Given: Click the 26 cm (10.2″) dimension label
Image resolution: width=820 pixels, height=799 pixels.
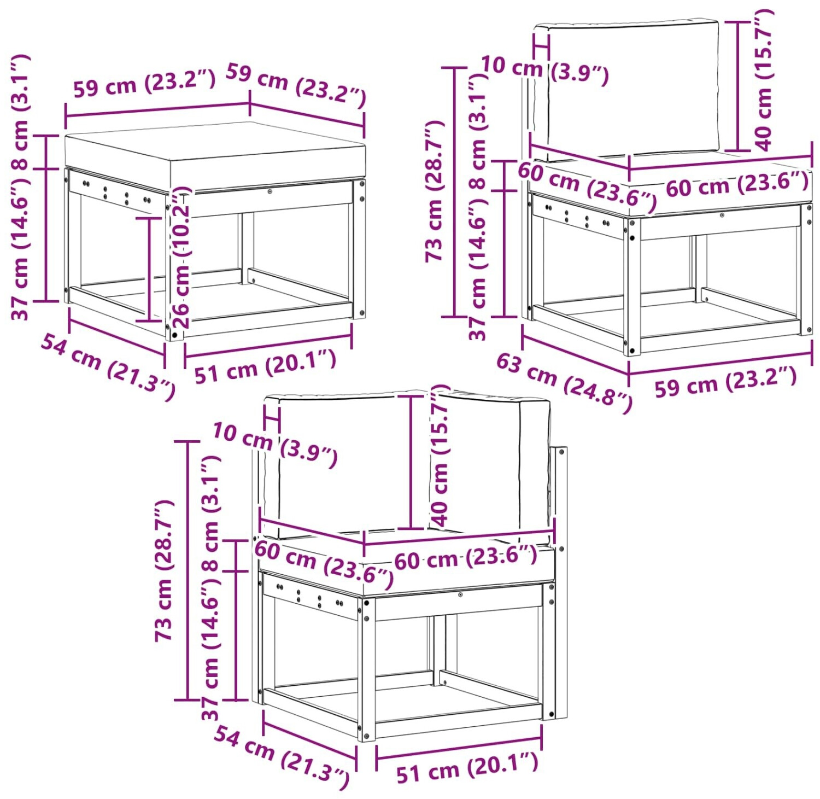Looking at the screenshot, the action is (181, 257).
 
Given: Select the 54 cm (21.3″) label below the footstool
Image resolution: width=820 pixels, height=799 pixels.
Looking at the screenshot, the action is (108, 368).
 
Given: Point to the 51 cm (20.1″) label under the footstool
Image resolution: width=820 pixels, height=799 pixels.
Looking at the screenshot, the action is (266, 366).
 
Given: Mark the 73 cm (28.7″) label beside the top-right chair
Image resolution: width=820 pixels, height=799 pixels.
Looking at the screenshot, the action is (435, 191).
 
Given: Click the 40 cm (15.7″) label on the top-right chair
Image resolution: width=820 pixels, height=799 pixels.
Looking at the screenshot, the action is (764, 80).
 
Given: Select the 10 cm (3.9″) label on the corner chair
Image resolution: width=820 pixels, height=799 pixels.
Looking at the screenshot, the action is (275, 445).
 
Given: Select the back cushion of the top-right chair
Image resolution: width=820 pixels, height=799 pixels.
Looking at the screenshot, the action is (626, 88).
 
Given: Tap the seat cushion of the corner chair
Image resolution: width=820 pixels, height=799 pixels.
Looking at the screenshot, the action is (407, 563).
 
